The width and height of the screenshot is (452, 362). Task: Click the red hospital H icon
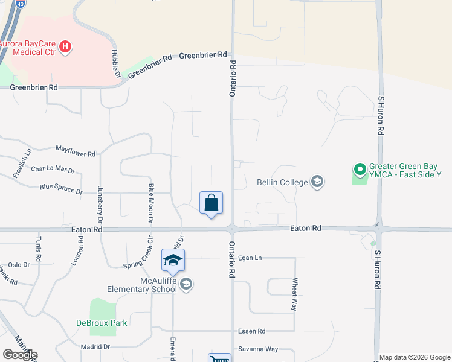pos(66,46)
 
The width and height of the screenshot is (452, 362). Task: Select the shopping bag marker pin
pos(211,203)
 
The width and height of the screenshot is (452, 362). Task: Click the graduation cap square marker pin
pos(173,260)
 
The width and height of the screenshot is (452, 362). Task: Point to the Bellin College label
pos(282,181)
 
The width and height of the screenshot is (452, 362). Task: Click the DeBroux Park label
pos(102,323)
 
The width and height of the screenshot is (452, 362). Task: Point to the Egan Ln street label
pos(250,258)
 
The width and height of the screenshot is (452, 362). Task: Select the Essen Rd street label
pos(253,331)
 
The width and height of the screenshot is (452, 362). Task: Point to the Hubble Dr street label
pos(115,63)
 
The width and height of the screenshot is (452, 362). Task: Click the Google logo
pos(19,355)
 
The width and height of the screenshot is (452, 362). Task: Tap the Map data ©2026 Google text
pos(415,357)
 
